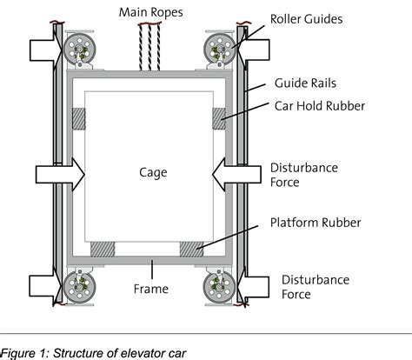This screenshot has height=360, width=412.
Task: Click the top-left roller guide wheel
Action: tap(79, 49)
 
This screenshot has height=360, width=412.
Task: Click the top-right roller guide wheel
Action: tap(220, 49)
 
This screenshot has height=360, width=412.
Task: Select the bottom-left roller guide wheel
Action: tap(79, 287)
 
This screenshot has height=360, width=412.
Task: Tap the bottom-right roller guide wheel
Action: tap(220, 287)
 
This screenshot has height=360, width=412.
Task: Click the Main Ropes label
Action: tap(151, 12)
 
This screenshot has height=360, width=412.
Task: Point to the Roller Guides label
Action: tap(306, 19)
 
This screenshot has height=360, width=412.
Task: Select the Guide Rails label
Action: tap(305, 83)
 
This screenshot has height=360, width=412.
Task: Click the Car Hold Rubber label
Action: tap(320, 106)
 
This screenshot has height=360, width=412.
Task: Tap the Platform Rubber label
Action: tap(316, 223)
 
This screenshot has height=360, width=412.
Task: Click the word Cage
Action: tap(153, 172)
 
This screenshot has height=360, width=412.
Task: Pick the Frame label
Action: tap(151, 289)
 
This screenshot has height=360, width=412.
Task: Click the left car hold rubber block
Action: tap(78, 119)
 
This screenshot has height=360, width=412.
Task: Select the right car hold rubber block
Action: tap(219, 119)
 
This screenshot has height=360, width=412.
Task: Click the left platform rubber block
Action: tap(103, 250)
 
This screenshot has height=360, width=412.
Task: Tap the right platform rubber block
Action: tap(191, 250)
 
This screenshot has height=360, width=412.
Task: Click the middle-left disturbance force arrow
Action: tap(60, 175)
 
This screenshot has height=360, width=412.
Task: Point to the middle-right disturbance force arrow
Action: tap(236, 175)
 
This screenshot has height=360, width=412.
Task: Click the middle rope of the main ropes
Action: tap(150, 47)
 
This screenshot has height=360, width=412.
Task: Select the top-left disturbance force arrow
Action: tap(46, 50)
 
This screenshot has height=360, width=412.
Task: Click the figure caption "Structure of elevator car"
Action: tap(119, 353)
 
